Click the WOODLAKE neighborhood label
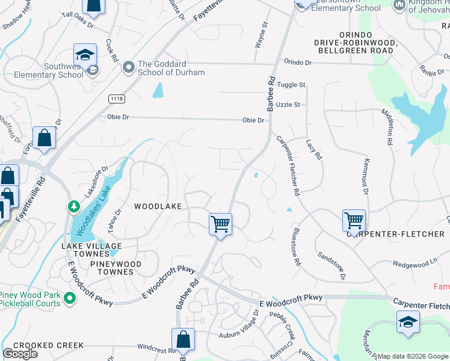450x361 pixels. coord(158,206)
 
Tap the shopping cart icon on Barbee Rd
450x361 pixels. coord(221,224)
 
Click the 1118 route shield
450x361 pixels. coord(117,98)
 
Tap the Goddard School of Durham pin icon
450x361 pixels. coord(128,67)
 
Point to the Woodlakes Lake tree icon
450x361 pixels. coord(74,207)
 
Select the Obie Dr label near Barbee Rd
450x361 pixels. coord(253,120)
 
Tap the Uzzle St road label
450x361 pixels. coord(288,105)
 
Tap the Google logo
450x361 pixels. coord(20,354)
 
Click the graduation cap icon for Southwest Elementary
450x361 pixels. coord(85,55)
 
